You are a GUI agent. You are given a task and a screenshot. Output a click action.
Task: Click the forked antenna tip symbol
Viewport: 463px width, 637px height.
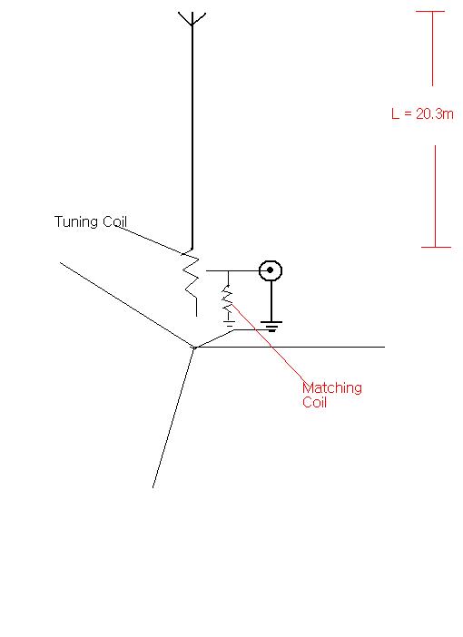[x=192, y=19]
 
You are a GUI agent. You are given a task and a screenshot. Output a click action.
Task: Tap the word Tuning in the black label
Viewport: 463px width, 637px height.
[x=76, y=222]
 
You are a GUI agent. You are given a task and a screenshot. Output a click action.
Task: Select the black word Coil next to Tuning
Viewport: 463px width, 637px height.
[x=114, y=221]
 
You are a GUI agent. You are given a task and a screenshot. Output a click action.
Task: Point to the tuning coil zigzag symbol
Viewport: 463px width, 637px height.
[x=191, y=283]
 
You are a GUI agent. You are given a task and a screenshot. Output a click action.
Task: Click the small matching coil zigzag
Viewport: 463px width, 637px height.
[x=227, y=299]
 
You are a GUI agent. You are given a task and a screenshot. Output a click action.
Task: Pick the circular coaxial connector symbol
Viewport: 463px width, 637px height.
[x=271, y=270]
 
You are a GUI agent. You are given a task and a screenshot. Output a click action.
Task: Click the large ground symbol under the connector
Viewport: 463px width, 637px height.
[x=271, y=327]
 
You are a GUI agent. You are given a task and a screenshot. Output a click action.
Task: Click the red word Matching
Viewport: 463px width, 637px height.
[x=332, y=388]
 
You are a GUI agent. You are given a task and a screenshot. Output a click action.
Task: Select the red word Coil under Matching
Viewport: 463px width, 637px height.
[x=315, y=402]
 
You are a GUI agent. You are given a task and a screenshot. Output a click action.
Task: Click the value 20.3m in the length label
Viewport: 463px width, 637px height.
[x=435, y=113]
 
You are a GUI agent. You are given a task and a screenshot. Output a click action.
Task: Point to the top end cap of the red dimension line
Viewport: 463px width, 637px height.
[x=430, y=12]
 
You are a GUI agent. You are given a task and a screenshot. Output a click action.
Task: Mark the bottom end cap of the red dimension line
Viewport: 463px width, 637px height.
[x=436, y=247]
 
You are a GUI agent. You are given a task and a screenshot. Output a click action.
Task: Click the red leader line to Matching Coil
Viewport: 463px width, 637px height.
[x=269, y=342]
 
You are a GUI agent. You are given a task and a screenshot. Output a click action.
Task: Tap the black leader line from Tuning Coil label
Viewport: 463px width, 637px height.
[x=151, y=240]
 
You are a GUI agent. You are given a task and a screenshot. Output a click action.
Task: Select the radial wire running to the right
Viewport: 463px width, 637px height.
[x=290, y=347]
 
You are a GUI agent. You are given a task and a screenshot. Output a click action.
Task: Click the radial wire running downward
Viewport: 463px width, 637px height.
[x=173, y=417]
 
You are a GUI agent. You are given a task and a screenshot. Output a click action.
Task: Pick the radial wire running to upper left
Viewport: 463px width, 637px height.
[x=127, y=305]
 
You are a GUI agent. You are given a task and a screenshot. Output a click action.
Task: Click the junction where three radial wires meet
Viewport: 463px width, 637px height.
[x=194, y=348]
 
